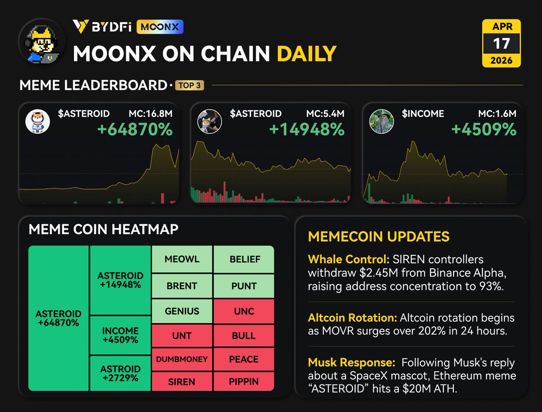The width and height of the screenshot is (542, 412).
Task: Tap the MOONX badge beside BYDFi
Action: (x=160, y=27)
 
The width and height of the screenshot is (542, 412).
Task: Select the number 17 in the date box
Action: (x=501, y=44)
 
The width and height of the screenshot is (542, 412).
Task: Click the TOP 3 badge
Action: (x=190, y=85)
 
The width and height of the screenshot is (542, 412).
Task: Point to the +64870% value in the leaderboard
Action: (x=135, y=130)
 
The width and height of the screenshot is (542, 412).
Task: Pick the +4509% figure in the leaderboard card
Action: (x=484, y=130)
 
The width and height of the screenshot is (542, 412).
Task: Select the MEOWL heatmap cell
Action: (x=182, y=259)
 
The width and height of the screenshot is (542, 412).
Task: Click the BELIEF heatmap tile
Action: (x=244, y=259)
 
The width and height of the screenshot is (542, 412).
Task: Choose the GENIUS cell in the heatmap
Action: (x=182, y=311)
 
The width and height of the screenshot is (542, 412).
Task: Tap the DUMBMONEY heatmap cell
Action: (x=182, y=360)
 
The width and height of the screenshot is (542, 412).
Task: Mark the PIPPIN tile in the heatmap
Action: (x=244, y=381)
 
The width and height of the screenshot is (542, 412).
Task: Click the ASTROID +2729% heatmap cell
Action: (x=120, y=373)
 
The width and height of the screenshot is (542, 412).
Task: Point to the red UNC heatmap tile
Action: (x=244, y=311)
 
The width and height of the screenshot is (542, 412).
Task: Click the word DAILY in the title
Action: (x=307, y=54)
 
